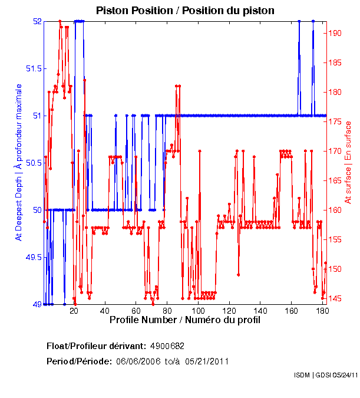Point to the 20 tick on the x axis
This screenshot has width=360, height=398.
pos(74,311)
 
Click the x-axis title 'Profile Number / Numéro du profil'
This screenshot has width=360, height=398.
pos(185,320)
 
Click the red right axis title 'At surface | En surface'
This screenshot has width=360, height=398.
pos(348,162)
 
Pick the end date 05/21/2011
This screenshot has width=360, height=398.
pos(207,361)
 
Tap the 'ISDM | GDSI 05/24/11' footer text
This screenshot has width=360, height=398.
pos(326,375)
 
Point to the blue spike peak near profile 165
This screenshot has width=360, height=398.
pos(299,21)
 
